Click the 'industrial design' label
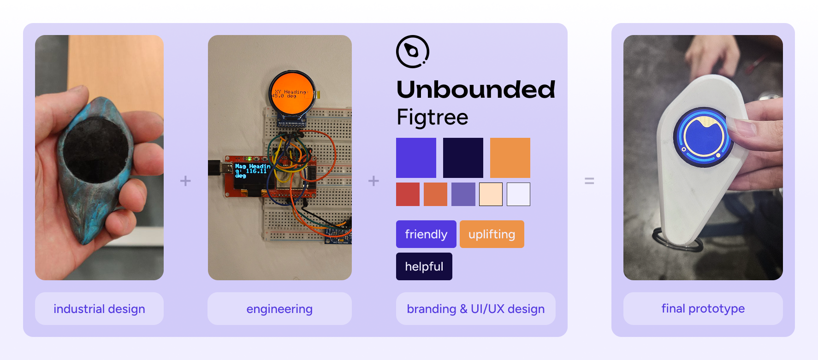(x=99, y=309)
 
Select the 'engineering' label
(x=279, y=309)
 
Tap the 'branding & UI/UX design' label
(x=475, y=309)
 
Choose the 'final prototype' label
(x=703, y=308)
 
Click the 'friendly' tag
(x=426, y=234)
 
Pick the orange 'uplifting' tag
(x=492, y=234)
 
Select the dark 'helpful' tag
(x=424, y=266)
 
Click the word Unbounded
(x=475, y=89)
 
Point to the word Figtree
(x=432, y=117)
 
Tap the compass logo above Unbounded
(x=413, y=52)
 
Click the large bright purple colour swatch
(x=416, y=158)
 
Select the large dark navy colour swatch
(x=463, y=158)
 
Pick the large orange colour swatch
(x=510, y=158)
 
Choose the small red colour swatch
(x=408, y=194)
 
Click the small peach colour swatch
(x=491, y=194)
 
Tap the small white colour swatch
(x=518, y=194)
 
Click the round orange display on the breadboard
(x=292, y=93)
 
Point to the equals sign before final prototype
(x=589, y=181)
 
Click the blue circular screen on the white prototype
(x=703, y=137)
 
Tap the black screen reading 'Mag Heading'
(x=252, y=175)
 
